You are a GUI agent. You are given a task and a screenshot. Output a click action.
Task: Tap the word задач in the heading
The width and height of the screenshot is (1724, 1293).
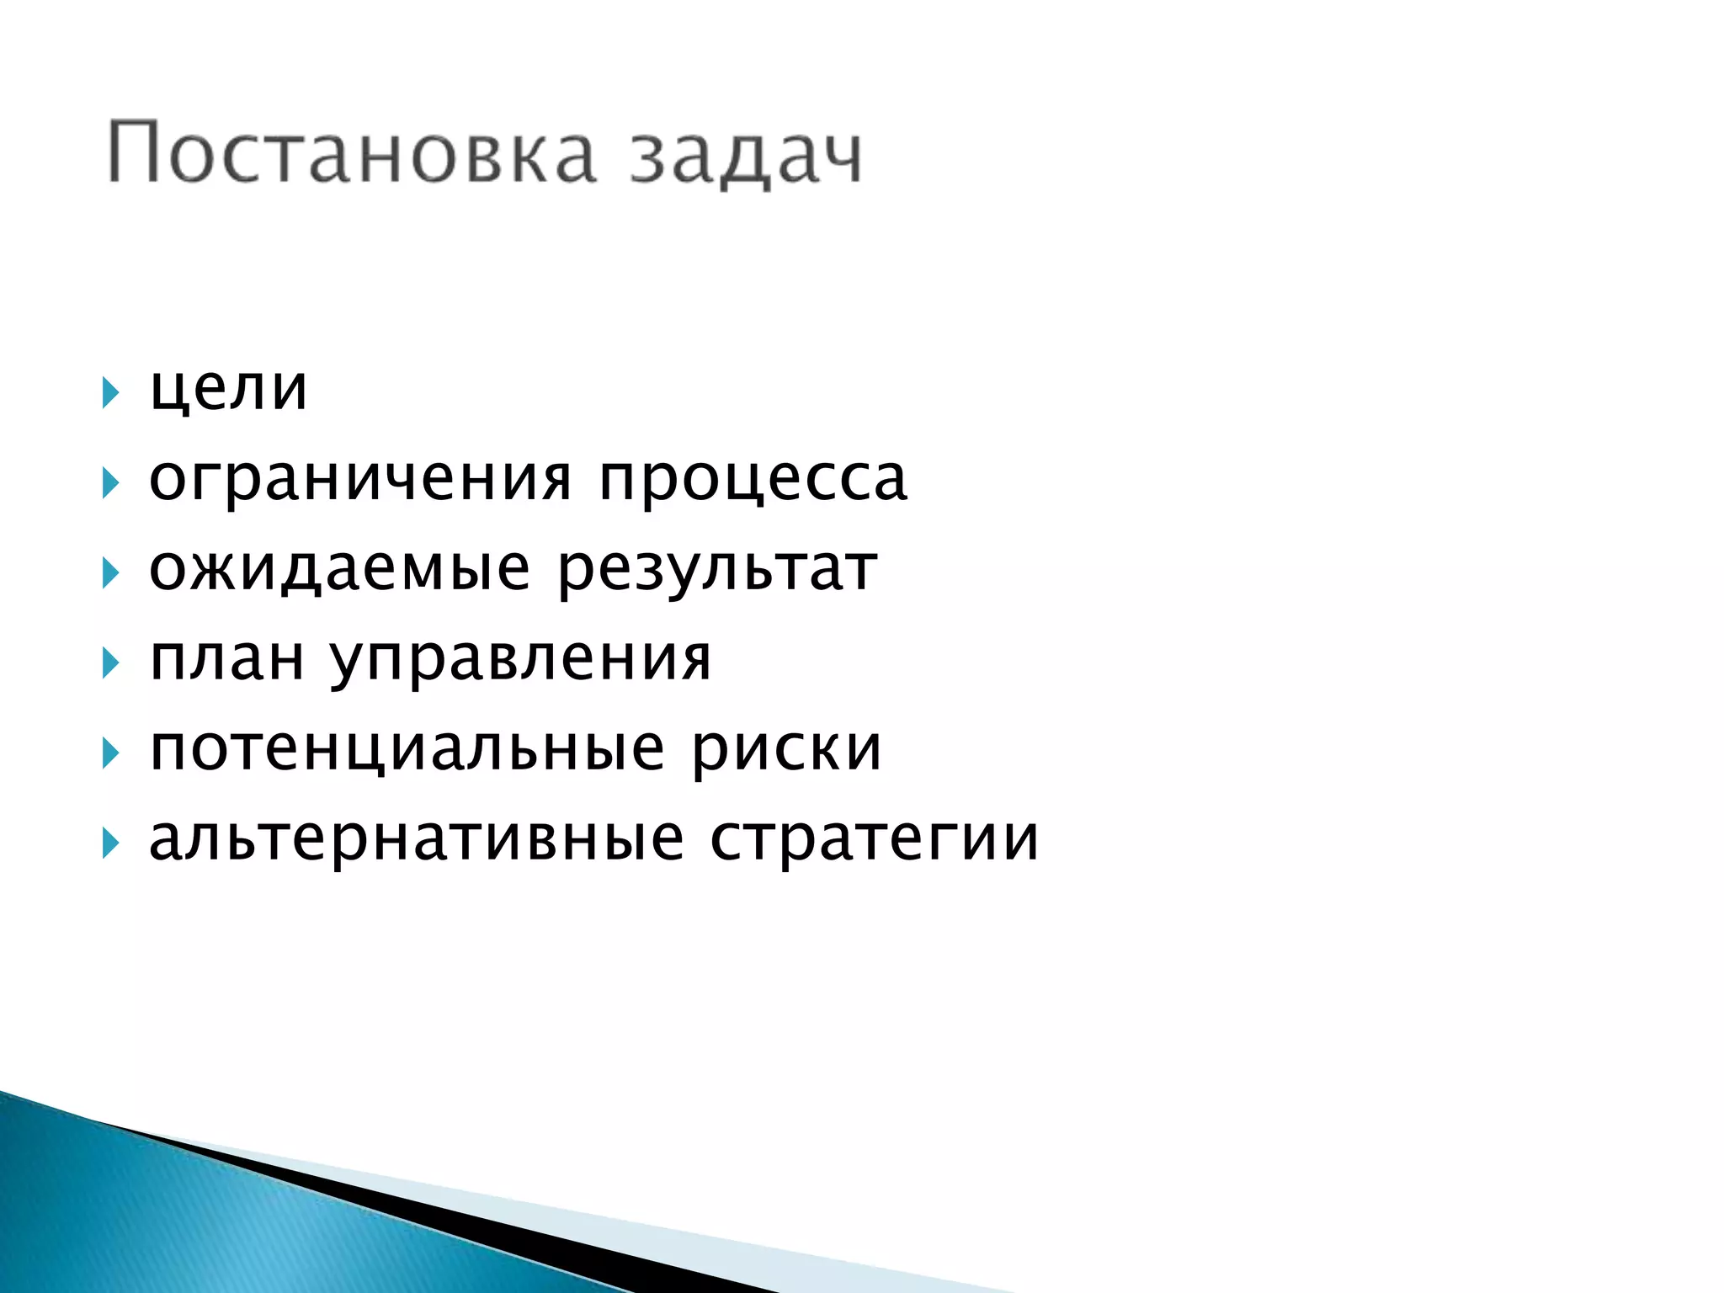[746, 156]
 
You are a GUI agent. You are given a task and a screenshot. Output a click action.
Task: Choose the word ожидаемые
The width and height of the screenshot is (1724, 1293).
[339, 569]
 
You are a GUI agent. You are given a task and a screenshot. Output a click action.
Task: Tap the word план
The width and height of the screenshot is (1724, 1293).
[226, 658]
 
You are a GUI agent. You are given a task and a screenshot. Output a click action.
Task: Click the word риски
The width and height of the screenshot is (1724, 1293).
[787, 749]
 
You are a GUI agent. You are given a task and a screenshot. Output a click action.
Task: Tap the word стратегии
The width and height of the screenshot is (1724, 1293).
[875, 840]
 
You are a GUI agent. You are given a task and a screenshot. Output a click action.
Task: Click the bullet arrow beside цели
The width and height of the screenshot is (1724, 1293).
[109, 392]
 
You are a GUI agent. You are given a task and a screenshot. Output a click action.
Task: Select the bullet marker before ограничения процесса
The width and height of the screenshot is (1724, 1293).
[109, 483]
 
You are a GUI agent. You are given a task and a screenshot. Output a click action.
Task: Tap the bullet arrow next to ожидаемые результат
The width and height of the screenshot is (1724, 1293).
[109, 573]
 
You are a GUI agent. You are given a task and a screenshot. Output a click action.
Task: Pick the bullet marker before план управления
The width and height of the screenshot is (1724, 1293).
[109, 663]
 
